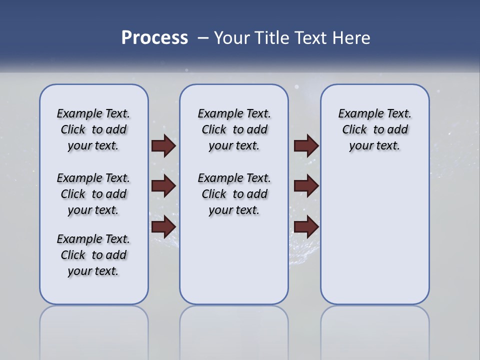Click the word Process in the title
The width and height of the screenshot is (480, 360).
pos(154,38)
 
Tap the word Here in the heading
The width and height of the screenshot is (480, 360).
pos(351,38)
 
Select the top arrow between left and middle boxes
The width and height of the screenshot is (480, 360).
pos(163,146)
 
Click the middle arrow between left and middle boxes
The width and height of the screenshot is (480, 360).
pos(163,186)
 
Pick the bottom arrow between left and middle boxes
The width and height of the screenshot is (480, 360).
pos(163,227)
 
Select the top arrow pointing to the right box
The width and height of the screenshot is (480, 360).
pos(306,146)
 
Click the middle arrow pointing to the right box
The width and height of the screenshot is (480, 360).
pos(306,186)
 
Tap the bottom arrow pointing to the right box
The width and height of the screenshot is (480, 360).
pos(306,227)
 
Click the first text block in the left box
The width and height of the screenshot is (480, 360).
pos(93,129)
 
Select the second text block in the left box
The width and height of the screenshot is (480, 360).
pos(93,194)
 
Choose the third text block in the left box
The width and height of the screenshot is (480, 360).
pos(93,255)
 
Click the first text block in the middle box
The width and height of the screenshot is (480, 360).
pos(234,129)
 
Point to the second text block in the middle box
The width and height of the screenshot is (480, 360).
pos(234,194)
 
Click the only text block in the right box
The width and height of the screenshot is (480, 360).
pos(374,129)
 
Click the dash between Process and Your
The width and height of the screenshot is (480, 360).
pos(203,38)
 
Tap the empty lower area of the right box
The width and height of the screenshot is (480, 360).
pos(374,240)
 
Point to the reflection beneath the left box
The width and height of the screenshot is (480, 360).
pos(93,330)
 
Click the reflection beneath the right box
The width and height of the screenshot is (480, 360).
pos(374,330)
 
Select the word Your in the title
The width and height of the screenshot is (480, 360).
pos(231,38)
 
